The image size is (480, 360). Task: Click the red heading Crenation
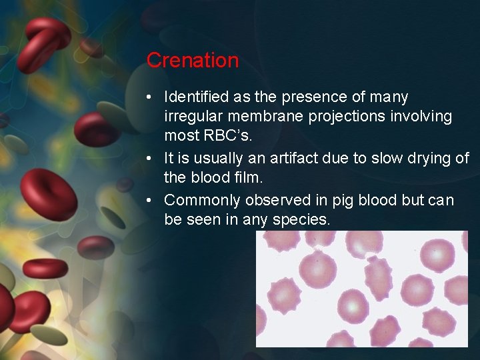pos(192,60)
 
